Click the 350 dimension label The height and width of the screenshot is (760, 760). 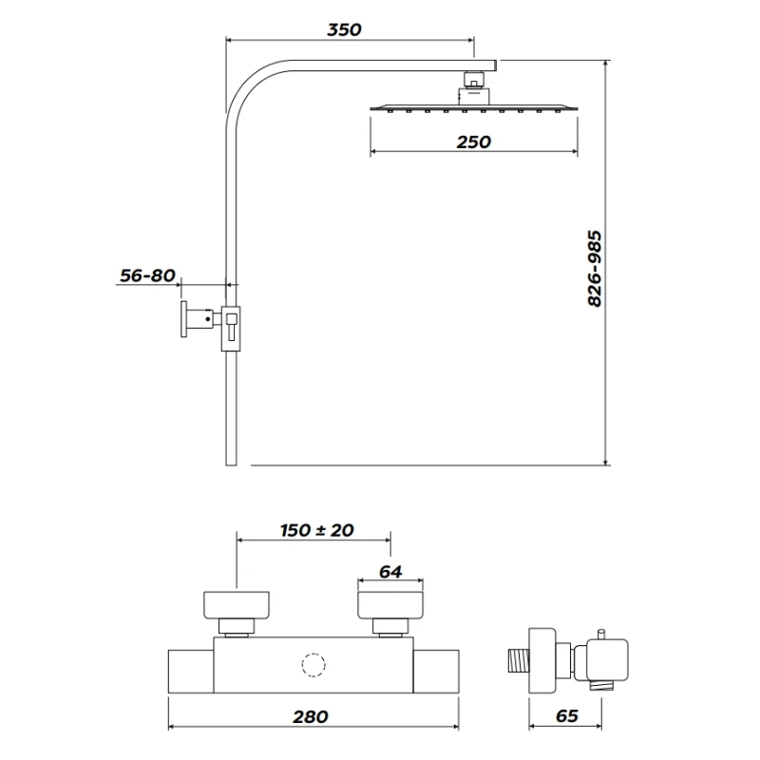click(344, 29)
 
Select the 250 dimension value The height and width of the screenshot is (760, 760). click(472, 142)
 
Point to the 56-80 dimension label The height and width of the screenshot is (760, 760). click(147, 275)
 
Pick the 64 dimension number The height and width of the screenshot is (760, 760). click(390, 572)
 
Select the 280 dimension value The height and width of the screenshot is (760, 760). click(311, 716)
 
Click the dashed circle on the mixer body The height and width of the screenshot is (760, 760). click(313, 664)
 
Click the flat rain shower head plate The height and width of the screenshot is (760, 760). click(472, 108)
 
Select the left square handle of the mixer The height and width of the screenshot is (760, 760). click(237, 605)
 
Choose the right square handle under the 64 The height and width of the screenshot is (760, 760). click(390, 605)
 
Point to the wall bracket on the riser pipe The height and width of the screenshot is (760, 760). click(233, 328)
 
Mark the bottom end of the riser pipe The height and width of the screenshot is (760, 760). click(228, 460)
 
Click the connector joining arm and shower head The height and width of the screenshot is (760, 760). click(473, 85)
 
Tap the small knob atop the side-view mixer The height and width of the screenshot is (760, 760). click(601, 634)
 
